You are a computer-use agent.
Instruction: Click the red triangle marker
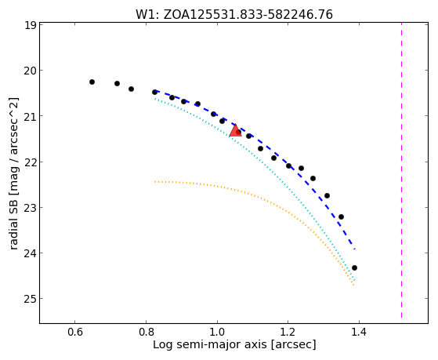[235, 131]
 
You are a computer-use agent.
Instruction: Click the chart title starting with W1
[234, 15]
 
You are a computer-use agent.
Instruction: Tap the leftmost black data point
[92, 82]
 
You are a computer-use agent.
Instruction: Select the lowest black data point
[354, 267]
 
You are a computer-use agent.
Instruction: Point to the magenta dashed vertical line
[401, 170]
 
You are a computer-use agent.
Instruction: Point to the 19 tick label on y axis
[31, 25]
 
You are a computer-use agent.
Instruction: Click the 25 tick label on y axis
[30, 299]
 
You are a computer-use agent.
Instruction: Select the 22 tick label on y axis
[30, 162]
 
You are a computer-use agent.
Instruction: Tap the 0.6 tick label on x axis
[75, 333]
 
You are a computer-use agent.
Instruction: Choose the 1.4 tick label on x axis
[359, 333]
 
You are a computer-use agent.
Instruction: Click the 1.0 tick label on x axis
[217, 333]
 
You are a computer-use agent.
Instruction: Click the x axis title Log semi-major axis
[234, 344]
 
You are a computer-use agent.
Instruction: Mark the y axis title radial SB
[13, 173]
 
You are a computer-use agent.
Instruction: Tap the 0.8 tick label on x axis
[146, 333]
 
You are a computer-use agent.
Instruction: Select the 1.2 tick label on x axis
[288, 333]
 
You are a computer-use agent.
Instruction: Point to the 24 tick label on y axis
[30, 253]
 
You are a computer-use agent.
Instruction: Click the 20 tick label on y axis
[30, 71]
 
